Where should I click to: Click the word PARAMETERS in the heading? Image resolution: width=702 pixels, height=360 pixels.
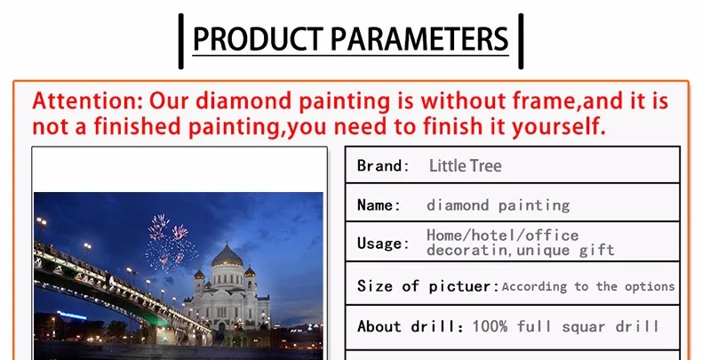point(419,38)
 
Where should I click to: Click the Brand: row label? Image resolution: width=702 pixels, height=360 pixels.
point(383,165)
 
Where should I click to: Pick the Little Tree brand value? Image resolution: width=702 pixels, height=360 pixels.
point(465,165)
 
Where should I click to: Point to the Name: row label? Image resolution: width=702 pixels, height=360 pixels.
point(379,205)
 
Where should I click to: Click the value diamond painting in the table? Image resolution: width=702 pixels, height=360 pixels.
point(498,205)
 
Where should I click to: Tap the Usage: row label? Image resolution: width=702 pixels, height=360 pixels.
point(383,244)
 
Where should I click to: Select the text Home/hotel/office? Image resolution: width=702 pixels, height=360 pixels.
point(502,235)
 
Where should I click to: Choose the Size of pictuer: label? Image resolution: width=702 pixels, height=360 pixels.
point(428,286)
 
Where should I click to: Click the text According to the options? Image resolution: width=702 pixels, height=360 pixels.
point(588,286)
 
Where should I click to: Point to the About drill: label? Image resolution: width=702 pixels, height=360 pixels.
point(411,326)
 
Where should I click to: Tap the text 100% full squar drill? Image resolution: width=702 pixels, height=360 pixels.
point(565,326)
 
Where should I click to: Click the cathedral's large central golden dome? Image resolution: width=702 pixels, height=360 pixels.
point(227,257)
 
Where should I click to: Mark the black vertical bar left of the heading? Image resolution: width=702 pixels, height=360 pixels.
point(181,41)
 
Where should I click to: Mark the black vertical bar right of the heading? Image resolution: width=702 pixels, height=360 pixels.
point(521,41)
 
